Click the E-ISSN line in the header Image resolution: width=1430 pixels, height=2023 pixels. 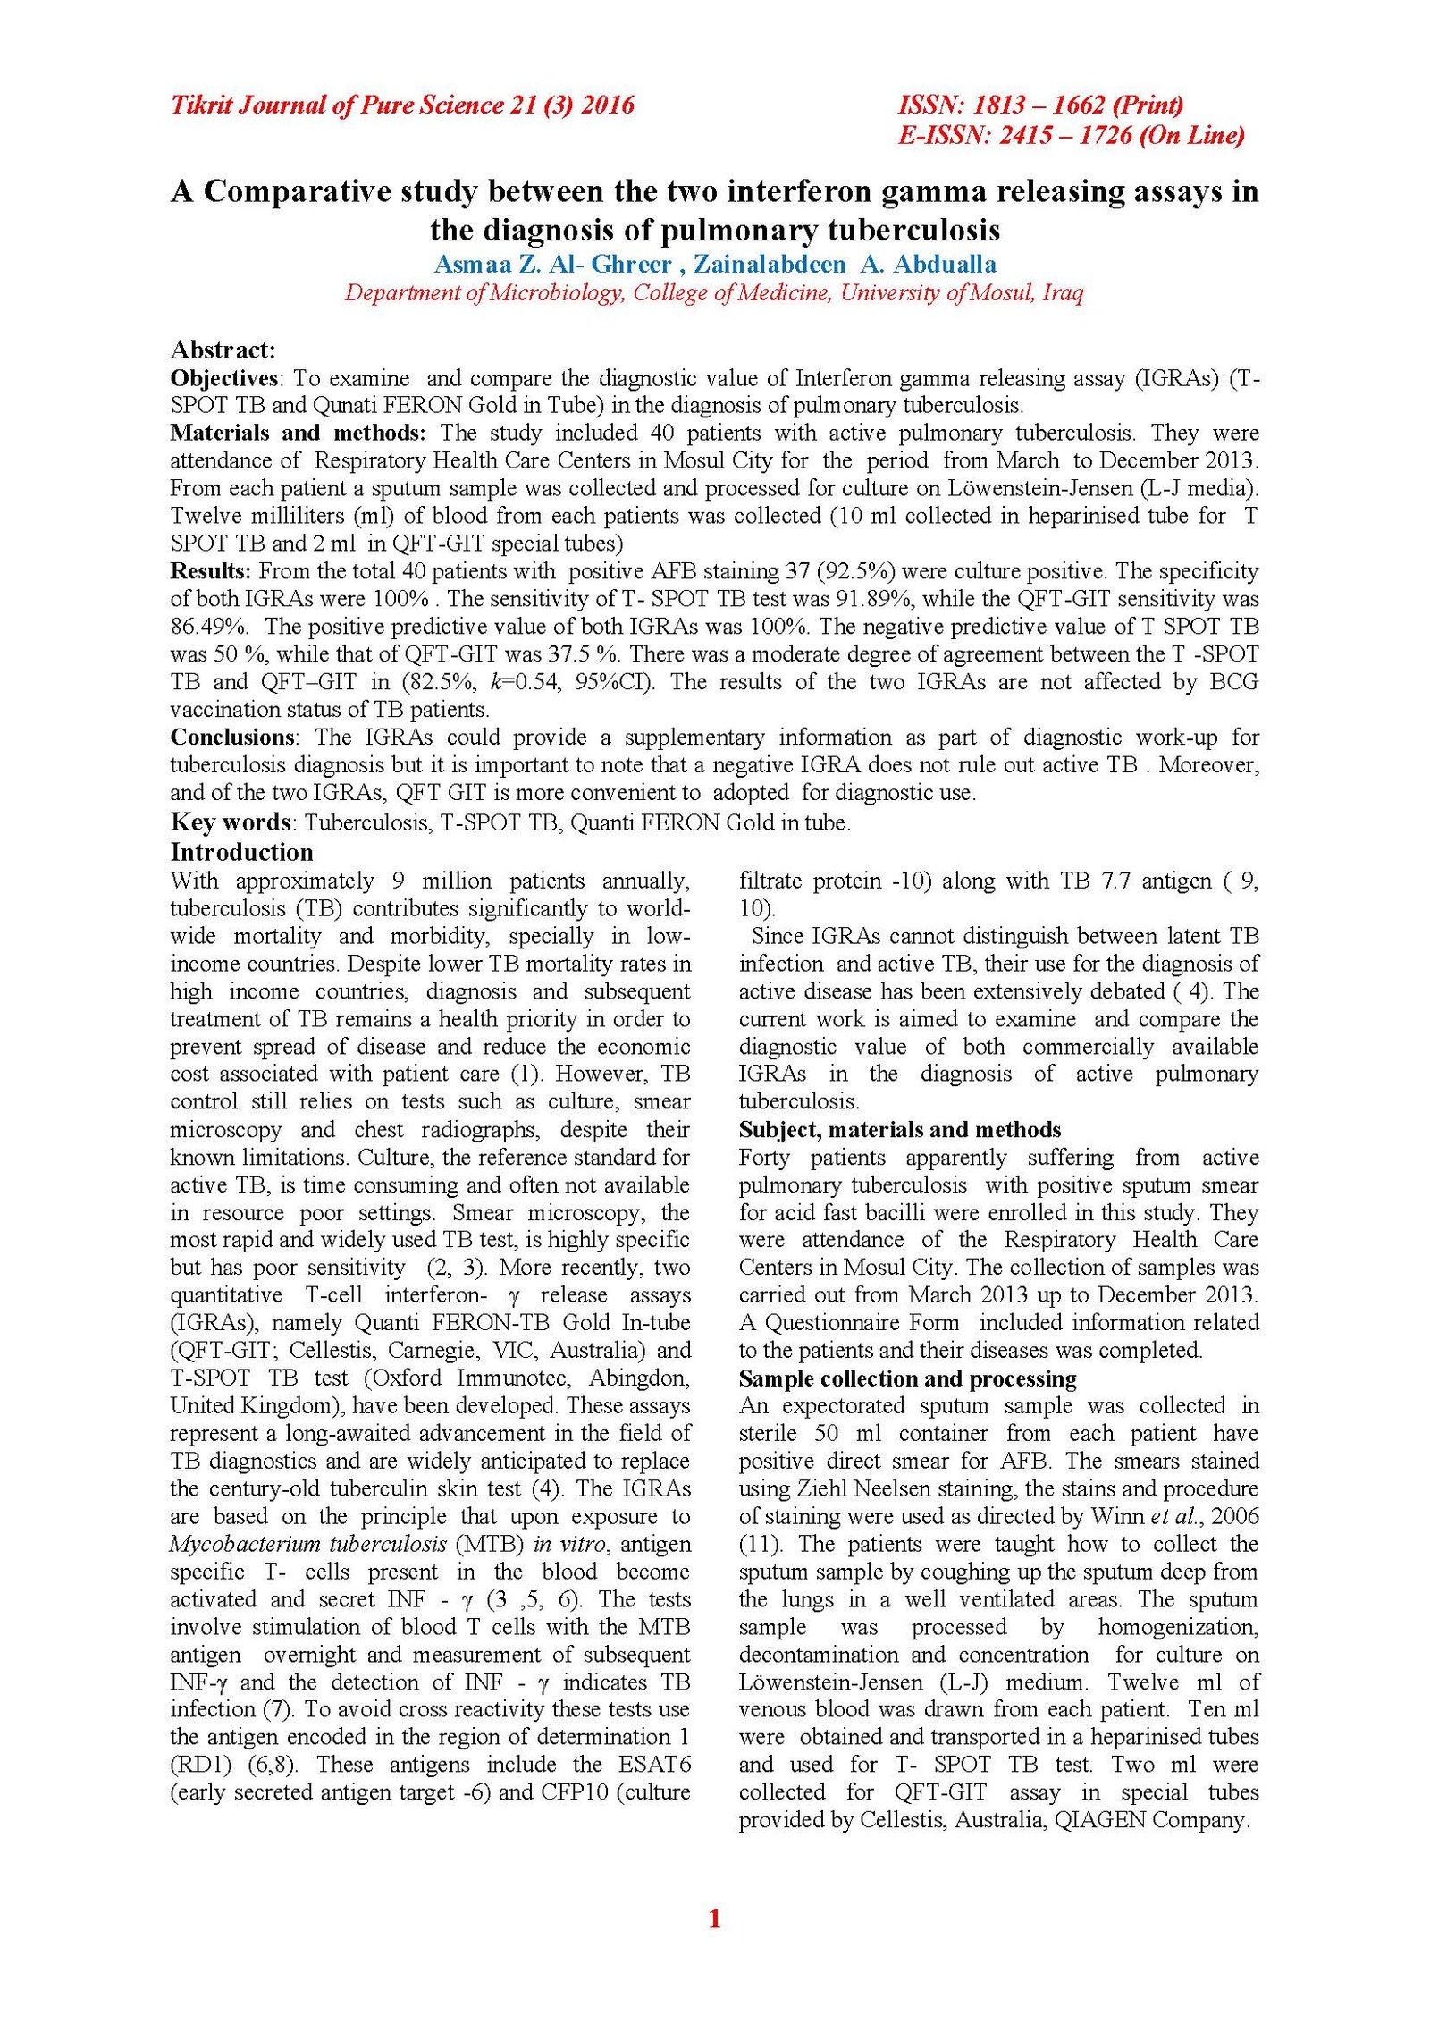pyautogui.click(x=1071, y=136)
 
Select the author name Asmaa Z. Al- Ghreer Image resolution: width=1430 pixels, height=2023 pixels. pyautogui.click(x=552, y=265)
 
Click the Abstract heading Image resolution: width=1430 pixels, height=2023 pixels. pyautogui.click(x=223, y=350)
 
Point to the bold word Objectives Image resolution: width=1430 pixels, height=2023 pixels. pyautogui.click(x=223, y=378)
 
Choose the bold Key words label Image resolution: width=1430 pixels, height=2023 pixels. pyautogui.click(x=231, y=822)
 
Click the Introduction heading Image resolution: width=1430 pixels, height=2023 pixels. pyautogui.click(x=241, y=852)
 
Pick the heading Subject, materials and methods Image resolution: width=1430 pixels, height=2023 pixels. pyautogui.click(x=899, y=1130)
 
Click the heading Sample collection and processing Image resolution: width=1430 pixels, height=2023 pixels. pyautogui.click(x=907, y=1378)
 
